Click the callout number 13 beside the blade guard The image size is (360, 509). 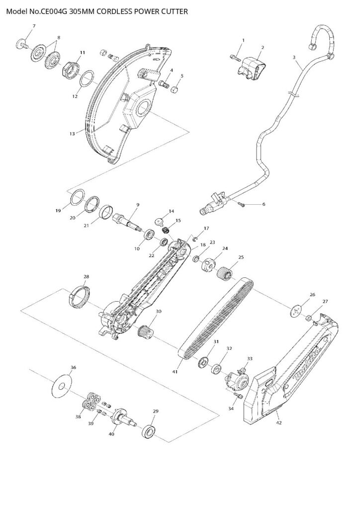72,133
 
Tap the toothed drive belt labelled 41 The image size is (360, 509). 219,318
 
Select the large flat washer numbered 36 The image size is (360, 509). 62,385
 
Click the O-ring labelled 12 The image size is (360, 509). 88,79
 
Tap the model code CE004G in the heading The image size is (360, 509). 54,10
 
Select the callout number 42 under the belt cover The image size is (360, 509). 279,423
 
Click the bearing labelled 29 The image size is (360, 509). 149,431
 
